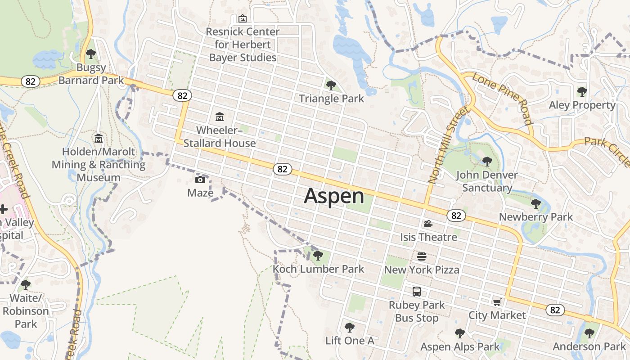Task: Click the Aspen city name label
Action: (x=334, y=196)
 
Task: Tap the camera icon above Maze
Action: (x=200, y=180)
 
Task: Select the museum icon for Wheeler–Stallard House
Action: (x=220, y=117)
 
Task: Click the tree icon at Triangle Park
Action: (x=331, y=85)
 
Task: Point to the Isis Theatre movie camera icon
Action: (x=428, y=224)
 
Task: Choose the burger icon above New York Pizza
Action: (x=422, y=256)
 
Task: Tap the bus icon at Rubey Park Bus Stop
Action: (x=417, y=292)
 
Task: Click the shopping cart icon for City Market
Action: (x=497, y=302)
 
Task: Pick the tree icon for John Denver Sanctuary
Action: (x=487, y=161)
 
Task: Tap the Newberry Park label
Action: (x=536, y=217)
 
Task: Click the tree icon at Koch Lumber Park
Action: (x=318, y=256)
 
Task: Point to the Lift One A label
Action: (x=350, y=341)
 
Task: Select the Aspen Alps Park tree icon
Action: (x=459, y=333)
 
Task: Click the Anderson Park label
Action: (x=589, y=346)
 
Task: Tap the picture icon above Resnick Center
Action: (x=243, y=18)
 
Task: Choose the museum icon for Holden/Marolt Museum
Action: (x=99, y=138)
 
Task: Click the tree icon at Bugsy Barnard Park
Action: (x=91, y=54)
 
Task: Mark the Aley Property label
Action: (x=582, y=105)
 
